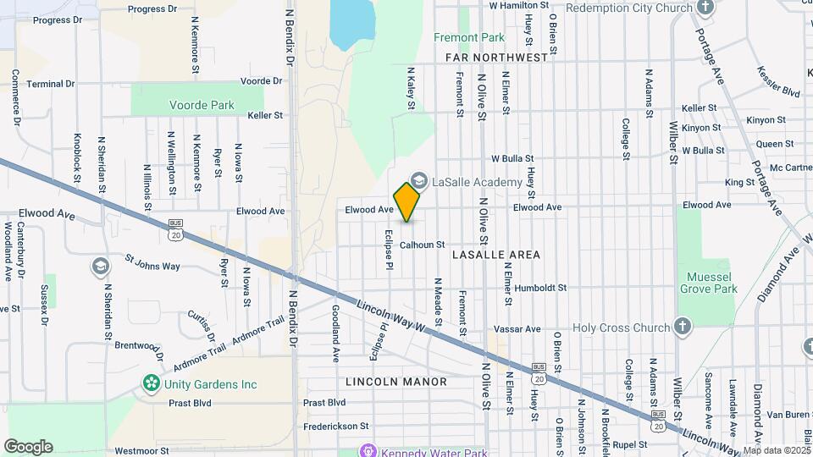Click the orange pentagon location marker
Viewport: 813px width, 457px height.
[x=407, y=202]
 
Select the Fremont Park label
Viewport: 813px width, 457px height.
[x=468, y=37]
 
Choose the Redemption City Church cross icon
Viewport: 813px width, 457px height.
[x=706, y=8]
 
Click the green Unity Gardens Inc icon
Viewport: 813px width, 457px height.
[x=152, y=384]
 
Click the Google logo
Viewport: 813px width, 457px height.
[x=28, y=447]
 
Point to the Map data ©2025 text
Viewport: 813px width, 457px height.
[x=777, y=450]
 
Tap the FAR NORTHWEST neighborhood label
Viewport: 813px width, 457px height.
[x=496, y=58]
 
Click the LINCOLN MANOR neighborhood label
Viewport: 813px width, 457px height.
[x=395, y=382]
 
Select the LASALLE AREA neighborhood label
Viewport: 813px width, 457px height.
[x=496, y=254]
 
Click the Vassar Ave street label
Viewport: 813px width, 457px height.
[x=520, y=329]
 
